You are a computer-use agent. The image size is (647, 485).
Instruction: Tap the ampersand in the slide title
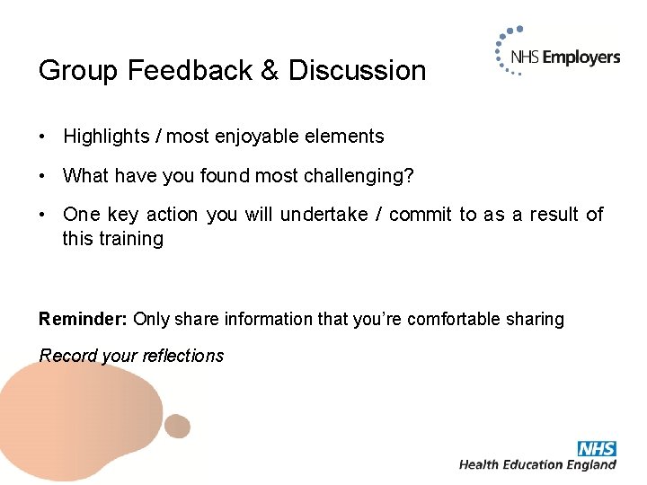tap(270, 71)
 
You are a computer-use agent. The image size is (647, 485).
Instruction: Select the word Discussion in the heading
tap(357, 71)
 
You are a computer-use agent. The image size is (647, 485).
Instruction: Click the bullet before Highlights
tap(42, 137)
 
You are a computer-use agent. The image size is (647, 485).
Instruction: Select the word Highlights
tap(99, 137)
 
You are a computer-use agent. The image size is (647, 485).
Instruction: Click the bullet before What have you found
tap(42, 176)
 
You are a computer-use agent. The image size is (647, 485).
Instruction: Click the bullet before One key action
tap(42, 215)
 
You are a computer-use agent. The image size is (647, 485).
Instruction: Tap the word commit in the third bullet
tap(421, 215)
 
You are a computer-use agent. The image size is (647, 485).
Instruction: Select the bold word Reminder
tap(84, 319)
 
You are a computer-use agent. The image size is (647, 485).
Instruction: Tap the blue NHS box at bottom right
tap(597, 448)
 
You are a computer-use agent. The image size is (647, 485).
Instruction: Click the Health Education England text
tap(537, 464)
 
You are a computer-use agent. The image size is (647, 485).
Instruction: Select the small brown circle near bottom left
tap(177, 426)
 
